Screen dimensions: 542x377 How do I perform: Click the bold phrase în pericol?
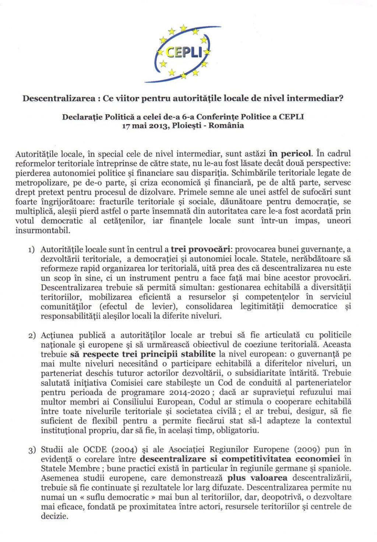pos(290,153)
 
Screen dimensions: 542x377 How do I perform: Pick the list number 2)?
pos(32,336)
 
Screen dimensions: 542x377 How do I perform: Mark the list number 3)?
pos(32,450)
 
